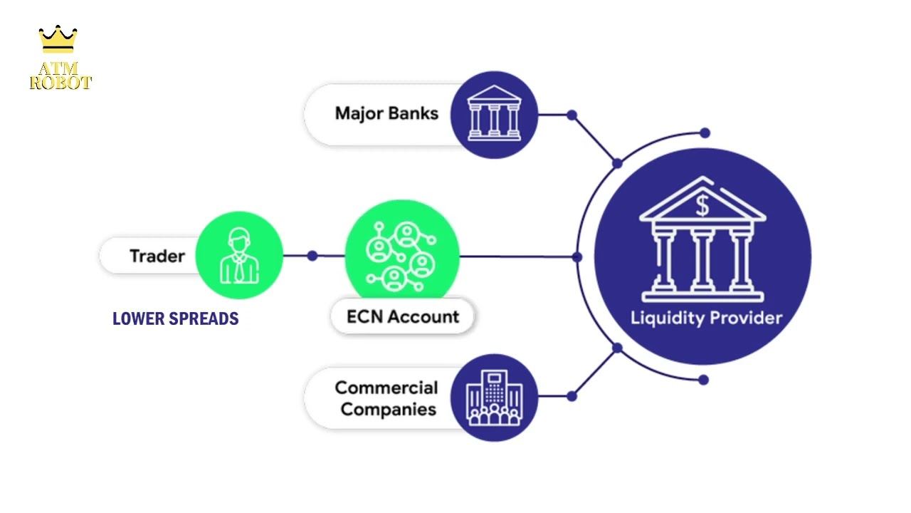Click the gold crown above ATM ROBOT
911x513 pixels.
(x=58, y=39)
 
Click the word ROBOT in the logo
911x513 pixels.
(x=60, y=83)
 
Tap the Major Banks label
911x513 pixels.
(x=386, y=113)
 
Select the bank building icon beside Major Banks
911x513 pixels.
(x=494, y=114)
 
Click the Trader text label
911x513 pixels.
(x=157, y=256)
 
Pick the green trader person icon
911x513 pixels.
(x=239, y=255)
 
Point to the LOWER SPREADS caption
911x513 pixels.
(x=175, y=318)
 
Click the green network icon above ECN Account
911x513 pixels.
(x=401, y=255)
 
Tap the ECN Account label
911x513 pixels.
(x=403, y=316)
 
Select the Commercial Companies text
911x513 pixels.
(x=386, y=398)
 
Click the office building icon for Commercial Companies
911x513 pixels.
(x=494, y=397)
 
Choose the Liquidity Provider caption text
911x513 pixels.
(x=706, y=318)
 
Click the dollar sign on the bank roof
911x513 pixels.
(x=702, y=206)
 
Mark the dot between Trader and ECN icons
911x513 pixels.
(x=312, y=255)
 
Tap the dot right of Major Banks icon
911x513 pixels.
(x=572, y=115)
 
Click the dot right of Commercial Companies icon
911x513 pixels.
(x=572, y=396)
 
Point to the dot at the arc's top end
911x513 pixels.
(x=705, y=133)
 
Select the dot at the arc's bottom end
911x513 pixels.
(x=703, y=380)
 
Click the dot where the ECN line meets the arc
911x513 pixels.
(x=576, y=256)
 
